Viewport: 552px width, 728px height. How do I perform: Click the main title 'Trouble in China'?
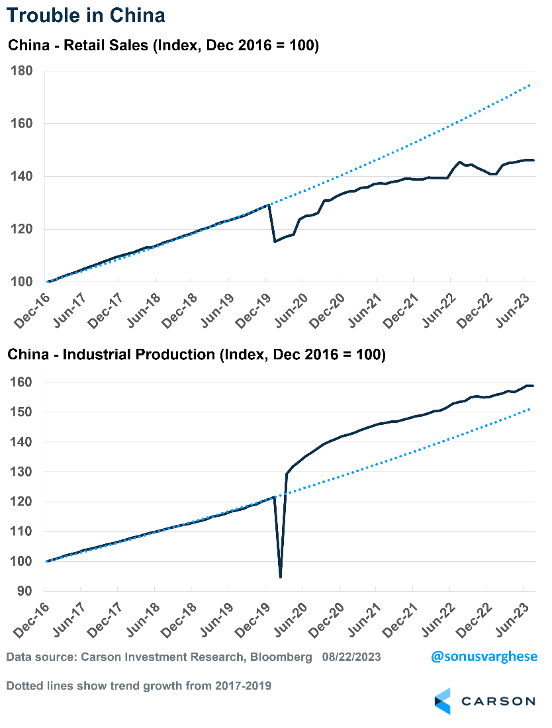[86, 15]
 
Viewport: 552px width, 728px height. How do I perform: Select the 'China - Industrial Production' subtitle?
[196, 355]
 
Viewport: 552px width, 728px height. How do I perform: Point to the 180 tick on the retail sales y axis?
[23, 71]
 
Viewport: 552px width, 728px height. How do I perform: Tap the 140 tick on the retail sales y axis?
[23, 177]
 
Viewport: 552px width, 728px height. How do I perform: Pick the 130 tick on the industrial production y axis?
[23, 472]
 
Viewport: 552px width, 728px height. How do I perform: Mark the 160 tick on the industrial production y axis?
[23, 383]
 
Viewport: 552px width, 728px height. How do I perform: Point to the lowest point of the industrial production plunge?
[281, 577]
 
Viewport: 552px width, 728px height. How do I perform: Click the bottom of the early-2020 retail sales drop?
[275, 242]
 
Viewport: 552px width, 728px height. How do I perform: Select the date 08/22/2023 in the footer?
[351, 658]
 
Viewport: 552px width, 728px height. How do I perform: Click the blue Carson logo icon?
[442, 701]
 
